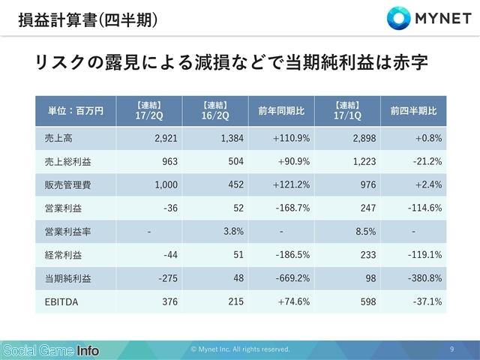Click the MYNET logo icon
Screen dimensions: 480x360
tap(398, 18)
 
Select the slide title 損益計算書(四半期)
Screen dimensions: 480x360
tap(88, 20)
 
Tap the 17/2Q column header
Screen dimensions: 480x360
tap(149, 111)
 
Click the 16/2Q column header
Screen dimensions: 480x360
tap(215, 111)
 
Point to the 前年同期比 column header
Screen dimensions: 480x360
tap(281, 111)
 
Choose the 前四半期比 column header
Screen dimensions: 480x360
tap(413, 111)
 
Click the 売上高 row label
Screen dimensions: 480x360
tap(58, 138)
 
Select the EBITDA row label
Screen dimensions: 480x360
tap(61, 302)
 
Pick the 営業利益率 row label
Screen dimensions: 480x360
tap(67, 232)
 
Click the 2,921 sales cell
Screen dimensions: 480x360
tap(166, 138)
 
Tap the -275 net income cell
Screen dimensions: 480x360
tap(168, 278)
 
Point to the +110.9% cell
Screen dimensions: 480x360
tap(292, 138)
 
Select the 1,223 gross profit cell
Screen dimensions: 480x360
tap(364, 162)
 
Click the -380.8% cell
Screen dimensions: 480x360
tap(425, 278)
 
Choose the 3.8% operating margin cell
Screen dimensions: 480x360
tap(233, 232)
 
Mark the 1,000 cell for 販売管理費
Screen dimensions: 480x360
tap(166, 185)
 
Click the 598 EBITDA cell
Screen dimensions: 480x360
tap(368, 301)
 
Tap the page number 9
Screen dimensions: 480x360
tap(452, 349)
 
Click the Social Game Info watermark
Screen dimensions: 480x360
tap(51, 351)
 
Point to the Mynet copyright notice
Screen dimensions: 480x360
tap(240, 349)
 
